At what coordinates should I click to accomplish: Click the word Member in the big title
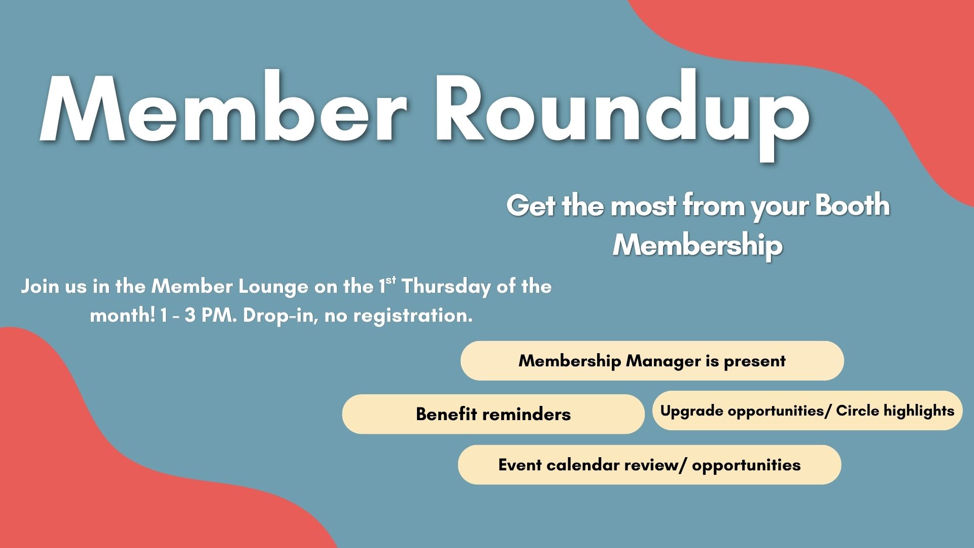pyautogui.click(x=224, y=109)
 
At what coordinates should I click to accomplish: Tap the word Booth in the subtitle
pyautogui.click(x=853, y=205)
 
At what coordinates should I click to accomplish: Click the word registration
pyautogui.click(x=413, y=316)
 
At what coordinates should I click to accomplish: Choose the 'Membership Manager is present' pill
pyautogui.click(x=652, y=361)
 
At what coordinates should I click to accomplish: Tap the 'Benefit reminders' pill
pyautogui.click(x=493, y=414)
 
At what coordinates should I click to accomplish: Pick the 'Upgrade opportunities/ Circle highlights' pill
pyautogui.click(x=807, y=410)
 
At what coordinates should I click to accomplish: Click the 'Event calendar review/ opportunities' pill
pyautogui.click(x=649, y=465)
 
